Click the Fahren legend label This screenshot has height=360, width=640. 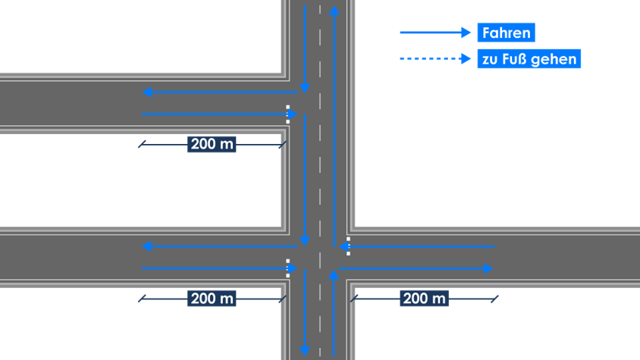pyautogui.click(x=506, y=33)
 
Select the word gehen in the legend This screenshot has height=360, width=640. pyautogui.click(x=554, y=59)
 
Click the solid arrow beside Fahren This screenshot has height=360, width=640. pyautogui.click(x=435, y=33)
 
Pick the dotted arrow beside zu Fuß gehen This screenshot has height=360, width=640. pyautogui.click(x=435, y=58)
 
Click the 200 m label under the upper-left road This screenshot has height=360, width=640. pyautogui.click(x=212, y=144)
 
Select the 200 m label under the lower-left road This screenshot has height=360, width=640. pyautogui.click(x=212, y=299)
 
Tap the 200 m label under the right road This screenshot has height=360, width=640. pyautogui.click(x=425, y=299)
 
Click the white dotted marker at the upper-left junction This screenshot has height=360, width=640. pyautogui.click(x=287, y=114)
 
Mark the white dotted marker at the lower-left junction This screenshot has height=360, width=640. pyautogui.click(x=287, y=268)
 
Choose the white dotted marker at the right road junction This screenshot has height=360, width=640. pyautogui.click(x=348, y=246)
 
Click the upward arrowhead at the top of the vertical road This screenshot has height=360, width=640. pyautogui.click(x=334, y=11)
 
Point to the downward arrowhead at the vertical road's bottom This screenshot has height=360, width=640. pyautogui.click(x=305, y=350)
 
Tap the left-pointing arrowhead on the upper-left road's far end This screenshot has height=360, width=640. pyautogui.click(x=147, y=92)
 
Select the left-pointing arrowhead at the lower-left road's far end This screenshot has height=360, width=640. pyautogui.click(x=147, y=246)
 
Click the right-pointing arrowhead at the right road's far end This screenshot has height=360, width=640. pyautogui.click(x=488, y=268)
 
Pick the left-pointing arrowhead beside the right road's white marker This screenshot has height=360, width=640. pyautogui.click(x=343, y=246)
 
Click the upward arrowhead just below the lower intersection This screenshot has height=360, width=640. pyautogui.click(x=334, y=275)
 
